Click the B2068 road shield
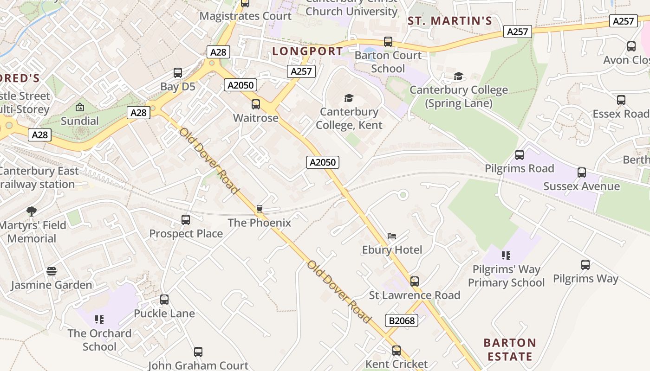pyautogui.click(x=402, y=320)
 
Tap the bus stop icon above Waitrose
pyautogui.click(x=256, y=104)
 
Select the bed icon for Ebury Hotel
pyautogui.click(x=392, y=236)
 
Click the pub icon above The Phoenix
pyautogui.click(x=260, y=209)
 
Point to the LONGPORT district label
pyautogui.click(x=307, y=51)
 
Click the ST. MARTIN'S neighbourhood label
pyautogui.click(x=449, y=21)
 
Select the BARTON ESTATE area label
pyautogui.click(x=510, y=350)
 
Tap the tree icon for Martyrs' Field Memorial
pyautogui.click(x=32, y=211)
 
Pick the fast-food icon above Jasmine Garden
pyautogui.click(x=52, y=271)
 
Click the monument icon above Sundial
pyautogui.click(x=80, y=107)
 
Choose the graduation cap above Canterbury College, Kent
pyautogui.click(x=349, y=98)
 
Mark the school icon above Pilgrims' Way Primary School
pyautogui.click(x=506, y=255)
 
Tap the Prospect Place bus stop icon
pyautogui.click(x=186, y=220)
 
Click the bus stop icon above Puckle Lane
pyautogui.click(x=164, y=300)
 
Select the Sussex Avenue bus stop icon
pyautogui.click(x=582, y=173)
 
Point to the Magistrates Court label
pyautogui.click(x=246, y=16)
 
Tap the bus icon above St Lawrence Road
pyautogui.click(x=415, y=281)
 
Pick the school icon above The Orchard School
pyautogui.click(x=99, y=319)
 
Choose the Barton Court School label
pyautogui.click(x=388, y=62)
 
